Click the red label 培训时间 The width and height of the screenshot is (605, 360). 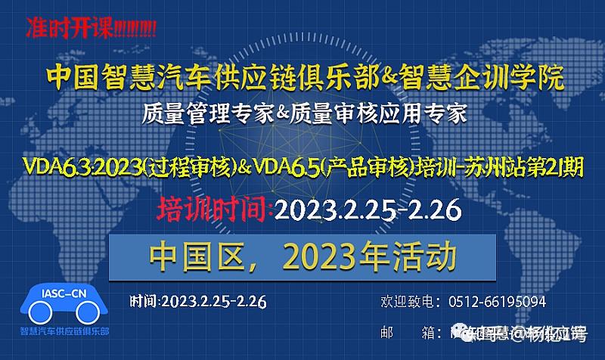click(214, 208)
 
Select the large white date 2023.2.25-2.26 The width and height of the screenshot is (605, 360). click(368, 209)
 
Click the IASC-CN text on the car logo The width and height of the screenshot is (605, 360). click(64, 293)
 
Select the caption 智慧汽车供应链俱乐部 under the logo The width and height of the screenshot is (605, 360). click(64, 331)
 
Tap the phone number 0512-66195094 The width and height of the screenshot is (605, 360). click(498, 302)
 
